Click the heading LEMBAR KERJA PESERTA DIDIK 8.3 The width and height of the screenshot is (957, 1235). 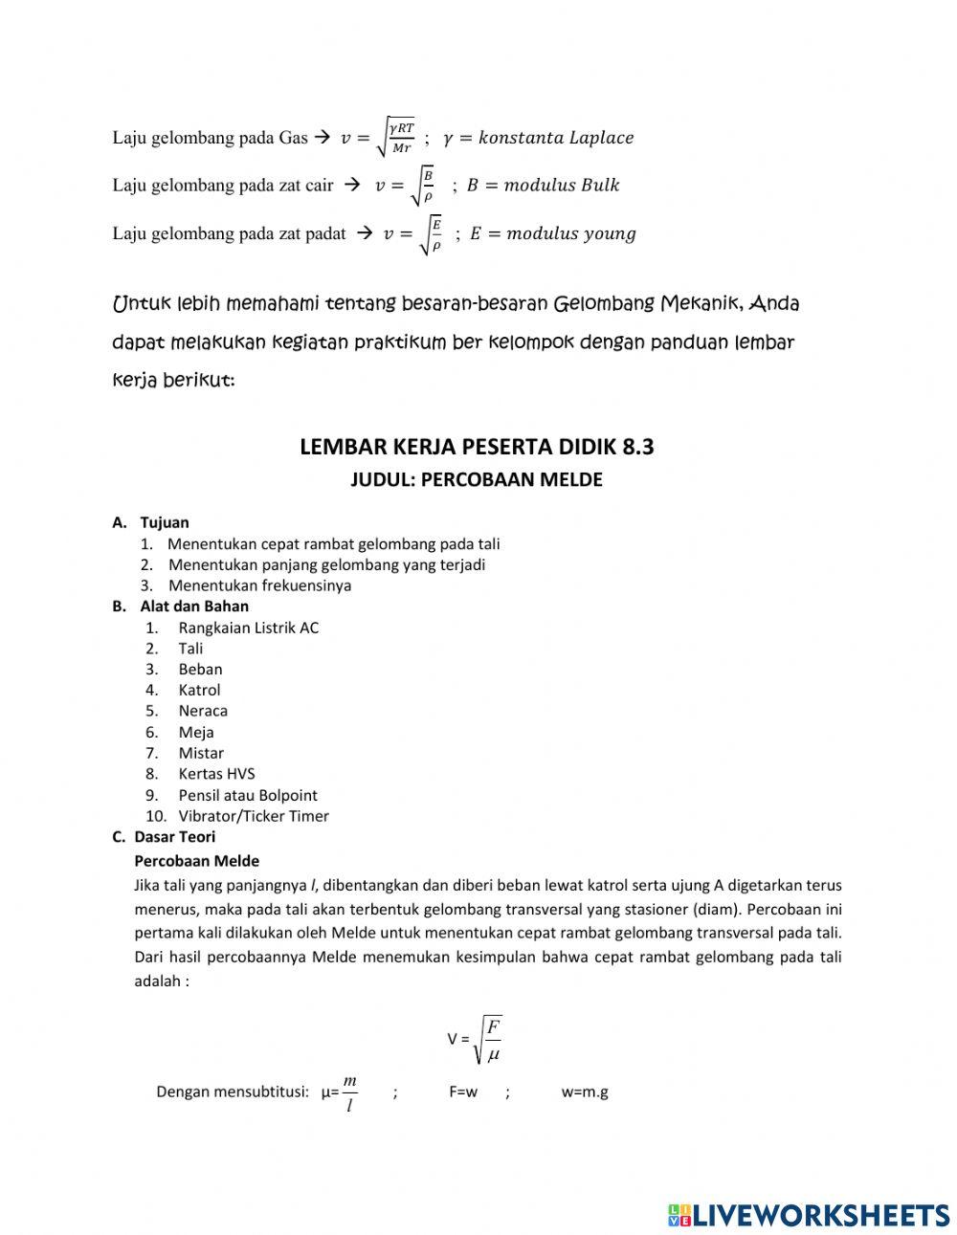[477, 447]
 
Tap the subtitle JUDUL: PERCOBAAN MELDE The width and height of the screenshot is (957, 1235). [477, 479]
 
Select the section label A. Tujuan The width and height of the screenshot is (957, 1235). [151, 522]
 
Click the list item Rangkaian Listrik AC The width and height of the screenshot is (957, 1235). [248, 628]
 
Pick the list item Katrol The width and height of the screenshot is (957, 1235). [199, 690]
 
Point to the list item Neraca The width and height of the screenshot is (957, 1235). [203, 711]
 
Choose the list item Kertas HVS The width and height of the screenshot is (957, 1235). [216, 774]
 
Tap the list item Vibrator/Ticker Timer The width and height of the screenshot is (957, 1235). [253, 816]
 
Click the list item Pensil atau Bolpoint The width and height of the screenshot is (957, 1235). [247, 795]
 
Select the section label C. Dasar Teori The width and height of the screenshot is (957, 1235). [164, 837]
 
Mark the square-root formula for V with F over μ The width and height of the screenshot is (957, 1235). [475, 1039]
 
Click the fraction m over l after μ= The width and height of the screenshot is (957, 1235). [350, 1092]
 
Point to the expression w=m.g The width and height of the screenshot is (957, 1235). [585, 1092]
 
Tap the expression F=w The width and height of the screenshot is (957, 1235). [463, 1092]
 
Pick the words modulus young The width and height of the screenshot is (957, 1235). [570, 233]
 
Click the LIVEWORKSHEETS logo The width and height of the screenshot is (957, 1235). [808, 1214]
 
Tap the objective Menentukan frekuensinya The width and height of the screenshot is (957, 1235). [259, 585]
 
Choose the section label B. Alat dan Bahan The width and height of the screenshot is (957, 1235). [181, 606]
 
